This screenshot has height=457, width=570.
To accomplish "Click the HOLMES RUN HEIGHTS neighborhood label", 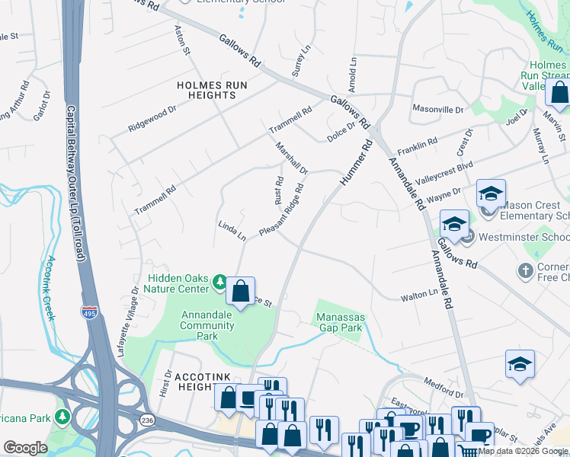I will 206,90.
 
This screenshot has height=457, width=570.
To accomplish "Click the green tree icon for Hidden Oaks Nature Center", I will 219,283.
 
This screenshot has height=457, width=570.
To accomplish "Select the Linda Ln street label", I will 232,232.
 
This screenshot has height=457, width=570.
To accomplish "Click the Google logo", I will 25,448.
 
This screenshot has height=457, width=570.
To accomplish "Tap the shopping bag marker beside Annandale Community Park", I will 241,292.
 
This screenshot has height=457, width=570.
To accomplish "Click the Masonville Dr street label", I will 437,110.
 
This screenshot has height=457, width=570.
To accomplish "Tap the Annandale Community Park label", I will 207,325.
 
